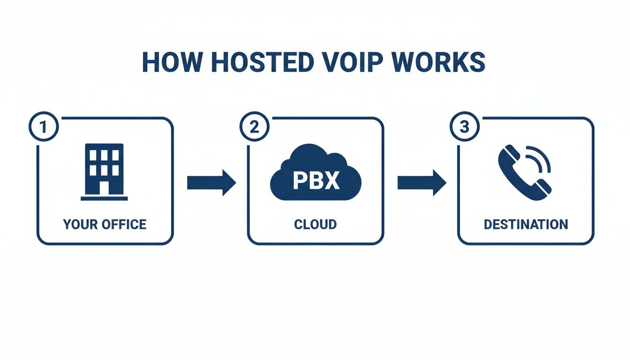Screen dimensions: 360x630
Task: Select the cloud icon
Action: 315,172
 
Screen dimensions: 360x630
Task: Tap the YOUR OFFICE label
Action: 105,224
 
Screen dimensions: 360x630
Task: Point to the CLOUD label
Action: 315,224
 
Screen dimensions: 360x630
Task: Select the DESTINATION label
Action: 525,224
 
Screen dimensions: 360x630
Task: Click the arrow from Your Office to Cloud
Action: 211,183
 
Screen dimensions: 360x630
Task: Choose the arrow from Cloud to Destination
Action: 421,183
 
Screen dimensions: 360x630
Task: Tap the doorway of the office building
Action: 104,188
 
